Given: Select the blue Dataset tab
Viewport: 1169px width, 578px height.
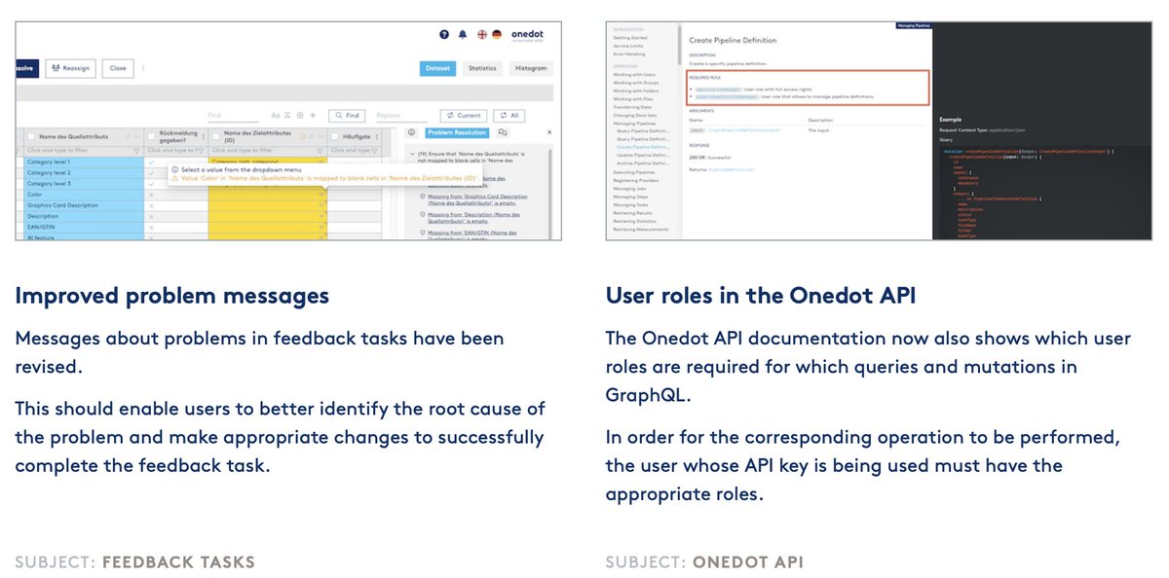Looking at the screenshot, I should pyautogui.click(x=436, y=68).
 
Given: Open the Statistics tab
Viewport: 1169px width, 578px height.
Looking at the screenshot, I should pyautogui.click(x=481, y=68).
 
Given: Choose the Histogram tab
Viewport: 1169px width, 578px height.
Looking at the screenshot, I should pyautogui.click(x=532, y=68).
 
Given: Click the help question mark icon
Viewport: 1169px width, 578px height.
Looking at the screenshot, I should pyautogui.click(x=444, y=34).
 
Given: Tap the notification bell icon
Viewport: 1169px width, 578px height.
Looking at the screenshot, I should pyautogui.click(x=463, y=34).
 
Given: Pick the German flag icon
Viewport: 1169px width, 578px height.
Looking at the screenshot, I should pyautogui.click(x=497, y=34).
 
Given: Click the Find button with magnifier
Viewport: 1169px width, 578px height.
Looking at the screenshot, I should pyautogui.click(x=346, y=115).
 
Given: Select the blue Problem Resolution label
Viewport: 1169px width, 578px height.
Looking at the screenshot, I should pyautogui.click(x=457, y=132).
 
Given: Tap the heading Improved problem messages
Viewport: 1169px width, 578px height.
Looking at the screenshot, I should pyautogui.click(x=171, y=295).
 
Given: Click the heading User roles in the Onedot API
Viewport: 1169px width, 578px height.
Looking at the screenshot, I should pyautogui.click(x=760, y=295).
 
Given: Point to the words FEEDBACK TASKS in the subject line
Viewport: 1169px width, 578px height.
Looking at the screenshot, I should pyautogui.click(x=178, y=561).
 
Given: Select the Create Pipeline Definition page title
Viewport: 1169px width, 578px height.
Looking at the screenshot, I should pyautogui.click(x=733, y=40).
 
